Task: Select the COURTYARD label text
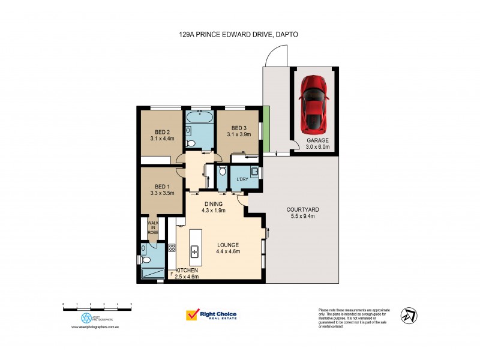302,209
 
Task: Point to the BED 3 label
239,128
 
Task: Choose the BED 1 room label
162,186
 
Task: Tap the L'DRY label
242,180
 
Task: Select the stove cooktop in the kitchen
172,247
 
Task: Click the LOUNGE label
228,245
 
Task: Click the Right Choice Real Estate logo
212,316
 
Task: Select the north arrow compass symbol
410,315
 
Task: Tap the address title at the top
239,35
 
